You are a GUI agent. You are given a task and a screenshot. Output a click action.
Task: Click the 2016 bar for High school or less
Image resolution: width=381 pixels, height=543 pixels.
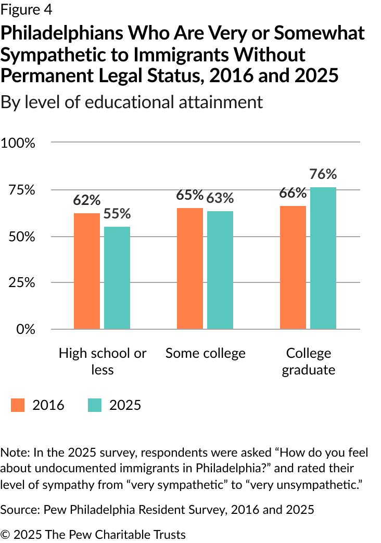(x=87, y=271)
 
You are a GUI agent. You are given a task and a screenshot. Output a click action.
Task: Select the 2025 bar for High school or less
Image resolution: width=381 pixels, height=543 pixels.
(x=117, y=278)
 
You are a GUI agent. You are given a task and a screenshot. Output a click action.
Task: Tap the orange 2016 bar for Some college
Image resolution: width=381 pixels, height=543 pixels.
(x=190, y=268)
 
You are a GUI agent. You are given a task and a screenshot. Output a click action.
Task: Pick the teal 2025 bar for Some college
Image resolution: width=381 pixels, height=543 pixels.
(x=220, y=270)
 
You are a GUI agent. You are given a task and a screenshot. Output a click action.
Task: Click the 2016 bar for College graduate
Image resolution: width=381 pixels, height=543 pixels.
(x=293, y=267)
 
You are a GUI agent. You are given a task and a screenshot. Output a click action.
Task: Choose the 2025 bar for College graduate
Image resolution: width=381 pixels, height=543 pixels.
(x=323, y=258)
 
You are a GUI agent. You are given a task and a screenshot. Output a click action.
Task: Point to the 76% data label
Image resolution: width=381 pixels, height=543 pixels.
(x=323, y=174)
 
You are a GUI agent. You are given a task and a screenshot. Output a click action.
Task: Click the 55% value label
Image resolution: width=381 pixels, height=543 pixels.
(x=117, y=214)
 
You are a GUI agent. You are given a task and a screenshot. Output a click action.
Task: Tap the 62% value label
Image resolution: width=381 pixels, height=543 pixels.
(x=87, y=200)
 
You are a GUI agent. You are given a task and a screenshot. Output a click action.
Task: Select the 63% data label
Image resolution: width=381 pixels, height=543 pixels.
(x=220, y=198)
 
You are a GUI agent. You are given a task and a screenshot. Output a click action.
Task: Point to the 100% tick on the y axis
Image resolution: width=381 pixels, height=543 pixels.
(x=18, y=143)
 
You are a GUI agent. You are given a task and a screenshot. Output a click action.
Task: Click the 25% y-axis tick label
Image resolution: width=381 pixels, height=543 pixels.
(x=22, y=282)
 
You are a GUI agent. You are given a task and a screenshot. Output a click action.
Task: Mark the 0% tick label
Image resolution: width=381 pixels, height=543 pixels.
(x=26, y=329)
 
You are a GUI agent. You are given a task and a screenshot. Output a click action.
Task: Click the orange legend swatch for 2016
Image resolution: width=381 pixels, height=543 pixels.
(x=18, y=405)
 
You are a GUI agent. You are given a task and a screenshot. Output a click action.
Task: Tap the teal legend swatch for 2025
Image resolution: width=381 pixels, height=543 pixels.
(x=95, y=405)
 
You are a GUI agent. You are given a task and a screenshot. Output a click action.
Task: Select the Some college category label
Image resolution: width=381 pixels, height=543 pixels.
(x=206, y=353)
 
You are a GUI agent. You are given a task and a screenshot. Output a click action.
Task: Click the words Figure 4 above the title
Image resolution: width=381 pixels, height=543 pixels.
(x=27, y=10)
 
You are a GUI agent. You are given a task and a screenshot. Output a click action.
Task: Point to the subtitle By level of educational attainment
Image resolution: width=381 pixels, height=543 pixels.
(x=132, y=102)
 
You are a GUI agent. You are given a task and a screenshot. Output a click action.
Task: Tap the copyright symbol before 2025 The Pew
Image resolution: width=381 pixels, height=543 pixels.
(x=6, y=534)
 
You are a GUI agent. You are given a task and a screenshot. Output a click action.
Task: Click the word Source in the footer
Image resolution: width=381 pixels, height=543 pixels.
(x=21, y=510)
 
